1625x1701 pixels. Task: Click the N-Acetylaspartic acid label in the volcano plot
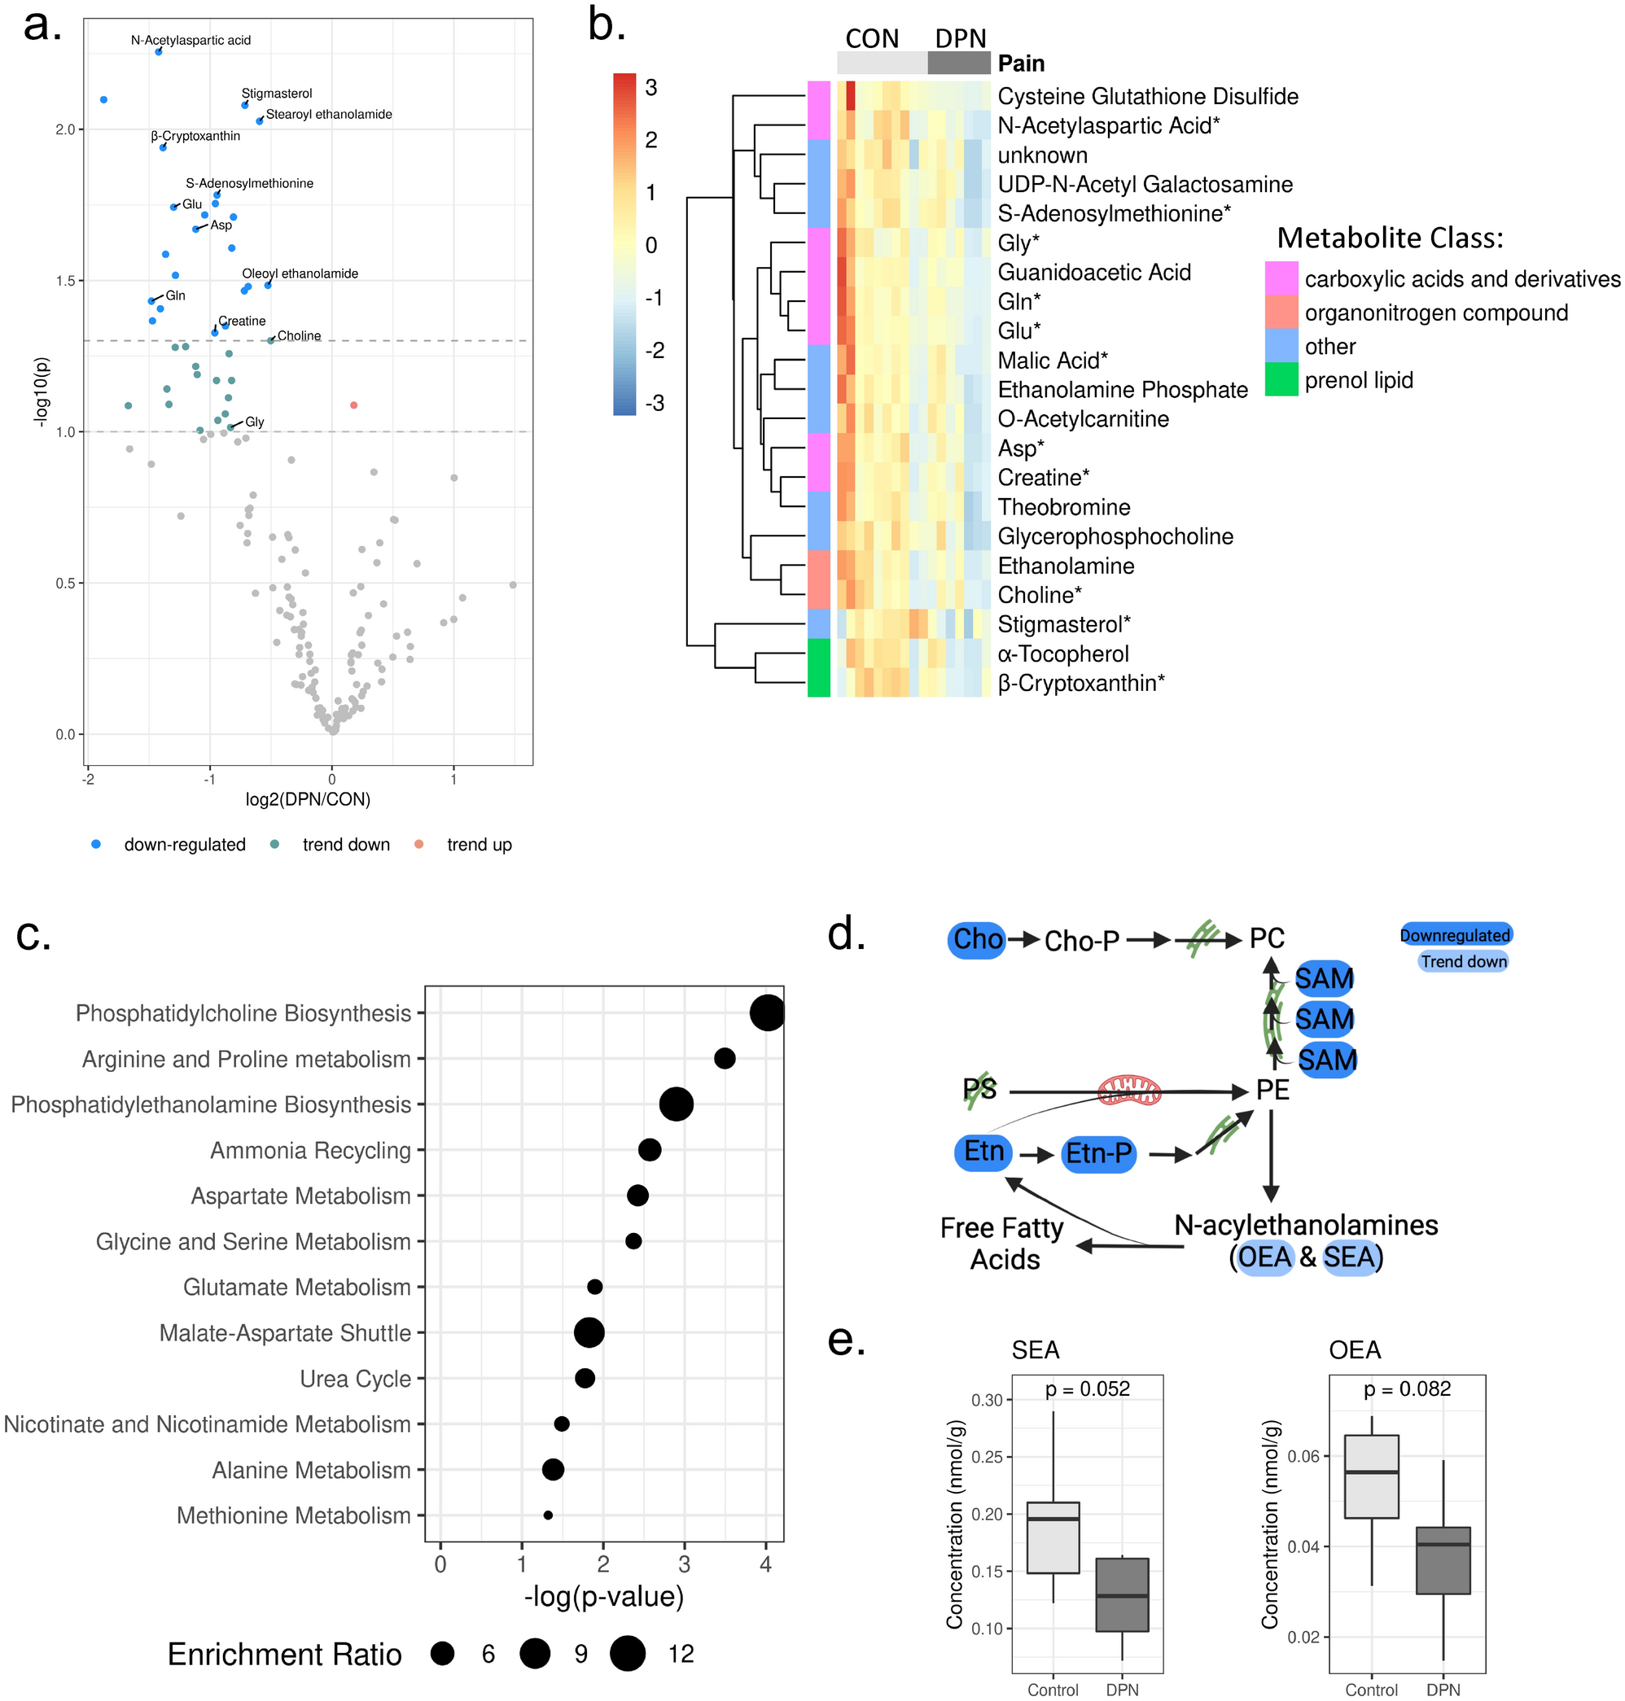click(191, 40)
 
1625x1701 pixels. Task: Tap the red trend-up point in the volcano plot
click(353, 405)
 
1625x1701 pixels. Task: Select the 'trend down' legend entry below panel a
click(344, 845)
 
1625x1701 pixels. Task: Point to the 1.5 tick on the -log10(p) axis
click(65, 281)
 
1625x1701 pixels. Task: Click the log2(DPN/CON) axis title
click(308, 799)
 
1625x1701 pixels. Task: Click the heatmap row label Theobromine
click(1064, 508)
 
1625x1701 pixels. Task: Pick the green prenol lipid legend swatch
click(1281, 380)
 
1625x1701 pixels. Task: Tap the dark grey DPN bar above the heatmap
click(959, 63)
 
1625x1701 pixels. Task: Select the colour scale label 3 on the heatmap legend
click(651, 87)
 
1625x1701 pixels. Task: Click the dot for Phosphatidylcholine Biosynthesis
click(768, 1012)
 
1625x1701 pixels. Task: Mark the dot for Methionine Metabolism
click(548, 1515)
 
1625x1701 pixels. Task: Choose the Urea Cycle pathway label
click(355, 1379)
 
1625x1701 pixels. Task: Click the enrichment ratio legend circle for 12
click(627, 1653)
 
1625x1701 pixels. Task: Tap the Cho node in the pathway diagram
click(977, 940)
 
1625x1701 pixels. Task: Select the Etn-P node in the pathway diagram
click(1098, 1153)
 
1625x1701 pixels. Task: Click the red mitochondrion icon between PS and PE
click(1128, 1091)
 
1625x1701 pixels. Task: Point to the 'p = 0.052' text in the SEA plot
click(1087, 1389)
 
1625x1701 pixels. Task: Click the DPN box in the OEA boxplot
click(1443, 1560)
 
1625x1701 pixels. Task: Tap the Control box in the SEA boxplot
click(1053, 1537)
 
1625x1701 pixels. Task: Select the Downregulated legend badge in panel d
click(1455, 934)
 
